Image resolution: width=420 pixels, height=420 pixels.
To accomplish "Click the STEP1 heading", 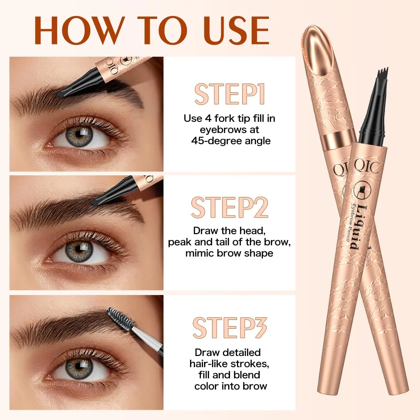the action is (x=230, y=94).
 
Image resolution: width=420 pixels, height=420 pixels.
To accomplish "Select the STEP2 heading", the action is (x=230, y=207).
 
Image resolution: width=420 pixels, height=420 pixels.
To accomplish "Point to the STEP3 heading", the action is (x=230, y=328).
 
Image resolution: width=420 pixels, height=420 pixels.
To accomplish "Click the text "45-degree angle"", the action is (x=231, y=141).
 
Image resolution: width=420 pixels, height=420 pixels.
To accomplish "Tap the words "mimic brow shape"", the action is (x=229, y=253).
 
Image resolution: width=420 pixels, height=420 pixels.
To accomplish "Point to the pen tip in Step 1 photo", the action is (x=58, y=94).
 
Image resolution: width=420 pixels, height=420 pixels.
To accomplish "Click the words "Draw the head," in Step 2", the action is (x=229, y=231).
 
